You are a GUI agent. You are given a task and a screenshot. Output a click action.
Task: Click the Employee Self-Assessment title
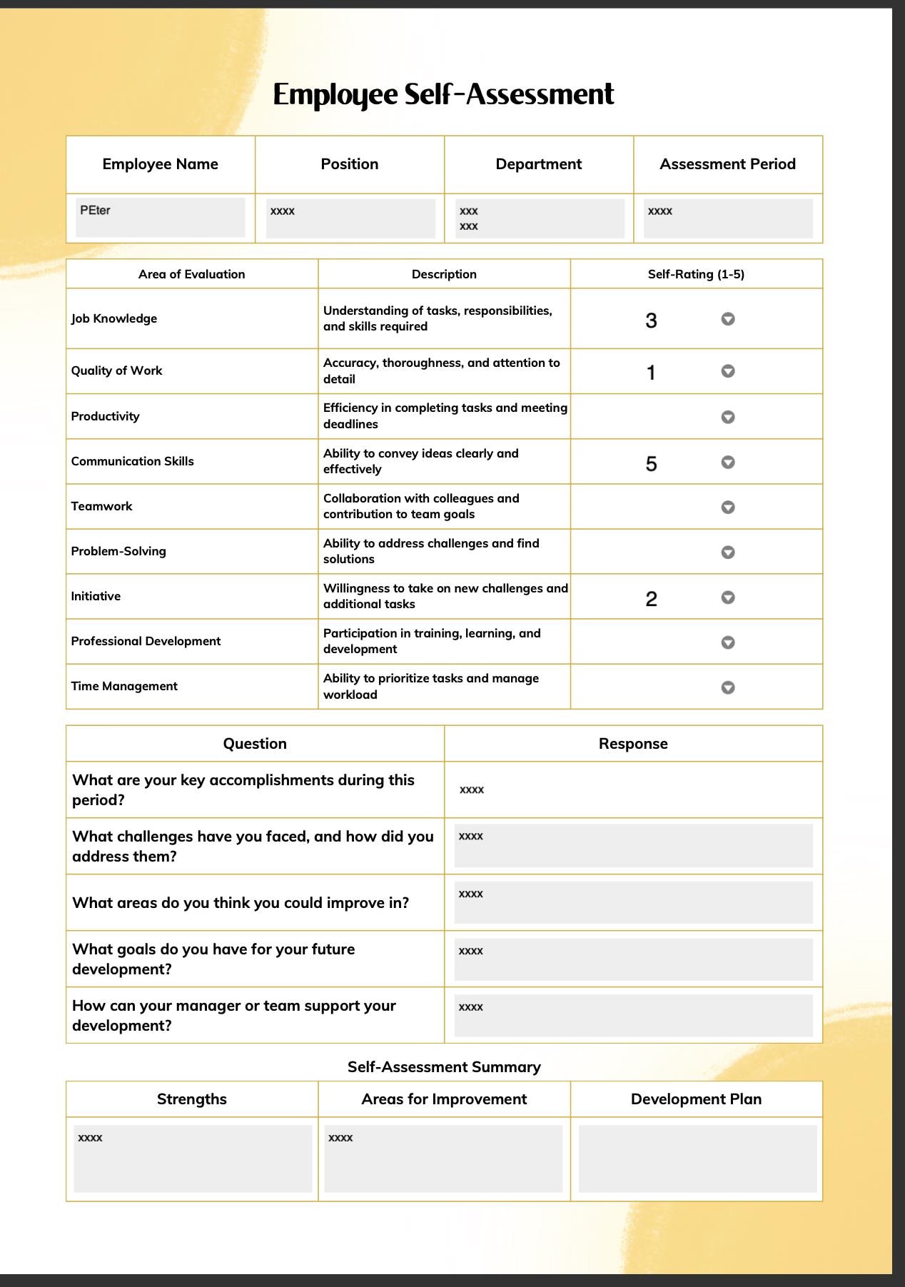coord(443,94)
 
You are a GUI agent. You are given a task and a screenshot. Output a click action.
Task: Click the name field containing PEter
coord(160,218)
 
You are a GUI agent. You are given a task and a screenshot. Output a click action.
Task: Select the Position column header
coord(349,164)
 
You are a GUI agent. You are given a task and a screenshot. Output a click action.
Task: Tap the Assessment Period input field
coord(727,218)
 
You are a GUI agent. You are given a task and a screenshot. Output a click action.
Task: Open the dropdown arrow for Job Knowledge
coord(727,319)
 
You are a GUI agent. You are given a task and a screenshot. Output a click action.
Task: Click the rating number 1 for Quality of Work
coord(650,373)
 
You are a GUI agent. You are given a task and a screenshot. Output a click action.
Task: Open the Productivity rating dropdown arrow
coord(727,417)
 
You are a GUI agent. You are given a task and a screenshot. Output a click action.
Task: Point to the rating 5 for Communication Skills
coord(651,464)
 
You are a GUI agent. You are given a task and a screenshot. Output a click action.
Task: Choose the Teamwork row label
coord(101,506)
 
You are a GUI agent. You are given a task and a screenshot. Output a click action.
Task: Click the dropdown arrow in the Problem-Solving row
coord(727,552)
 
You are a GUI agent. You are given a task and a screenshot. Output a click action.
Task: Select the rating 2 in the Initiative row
coord(651,599)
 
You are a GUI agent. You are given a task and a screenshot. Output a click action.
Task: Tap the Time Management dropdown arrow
coord(727,687)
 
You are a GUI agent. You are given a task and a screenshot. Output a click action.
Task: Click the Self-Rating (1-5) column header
coord(696,274)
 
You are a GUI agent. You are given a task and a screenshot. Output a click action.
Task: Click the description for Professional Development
coord(431,641)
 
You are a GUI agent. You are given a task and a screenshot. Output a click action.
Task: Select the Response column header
coord(632,744)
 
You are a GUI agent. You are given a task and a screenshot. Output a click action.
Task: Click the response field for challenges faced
coord(633,846)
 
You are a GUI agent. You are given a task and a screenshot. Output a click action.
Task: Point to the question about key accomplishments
coord(243,789)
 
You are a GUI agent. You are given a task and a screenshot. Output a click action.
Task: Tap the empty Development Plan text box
coord(697,1159)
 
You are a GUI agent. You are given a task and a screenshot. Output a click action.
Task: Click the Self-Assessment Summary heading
coord(443,1066)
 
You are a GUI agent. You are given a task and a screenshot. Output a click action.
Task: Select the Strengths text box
coord(192,1159)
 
